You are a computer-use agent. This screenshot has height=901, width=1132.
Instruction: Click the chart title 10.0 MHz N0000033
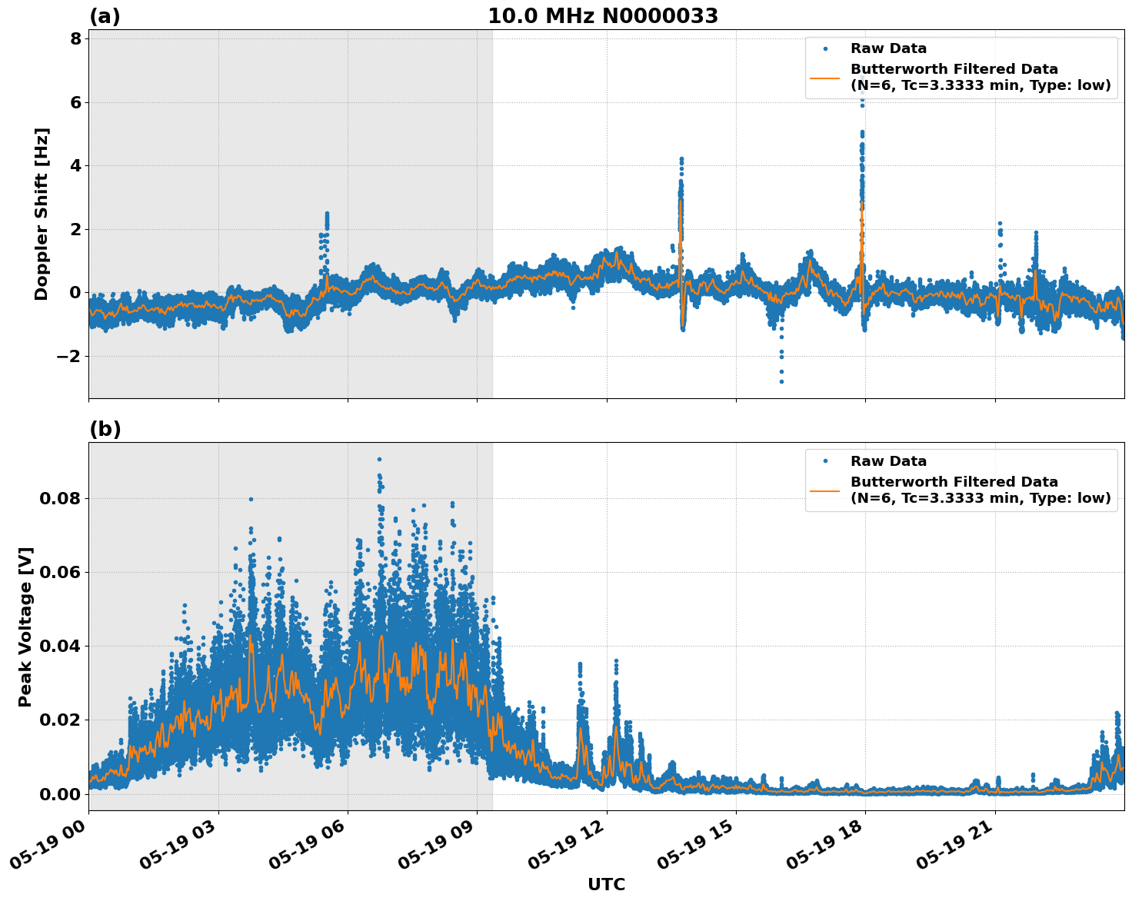point(603,16)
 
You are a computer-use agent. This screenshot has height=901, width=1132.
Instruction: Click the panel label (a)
point(105,16)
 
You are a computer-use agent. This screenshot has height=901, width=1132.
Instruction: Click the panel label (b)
point(105,429)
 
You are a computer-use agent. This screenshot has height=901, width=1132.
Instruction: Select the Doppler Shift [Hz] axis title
point(42,214)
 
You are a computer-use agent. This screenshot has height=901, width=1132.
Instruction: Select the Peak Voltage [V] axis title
point(25,627)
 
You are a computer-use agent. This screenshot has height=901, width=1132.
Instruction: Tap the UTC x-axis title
point(606,884)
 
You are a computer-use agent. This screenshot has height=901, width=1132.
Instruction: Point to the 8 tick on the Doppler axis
point(75,38)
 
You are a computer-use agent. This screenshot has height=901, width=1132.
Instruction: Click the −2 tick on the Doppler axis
point(65,356)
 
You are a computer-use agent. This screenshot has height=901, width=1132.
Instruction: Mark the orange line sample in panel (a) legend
point(824,77)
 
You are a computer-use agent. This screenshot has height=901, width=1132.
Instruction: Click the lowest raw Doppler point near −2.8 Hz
point(781,381)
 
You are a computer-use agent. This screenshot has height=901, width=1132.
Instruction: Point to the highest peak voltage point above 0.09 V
point(379,459)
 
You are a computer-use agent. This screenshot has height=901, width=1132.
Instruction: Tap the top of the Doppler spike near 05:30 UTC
point(327,214)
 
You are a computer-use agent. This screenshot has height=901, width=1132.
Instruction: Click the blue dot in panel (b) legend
point(825,461)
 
